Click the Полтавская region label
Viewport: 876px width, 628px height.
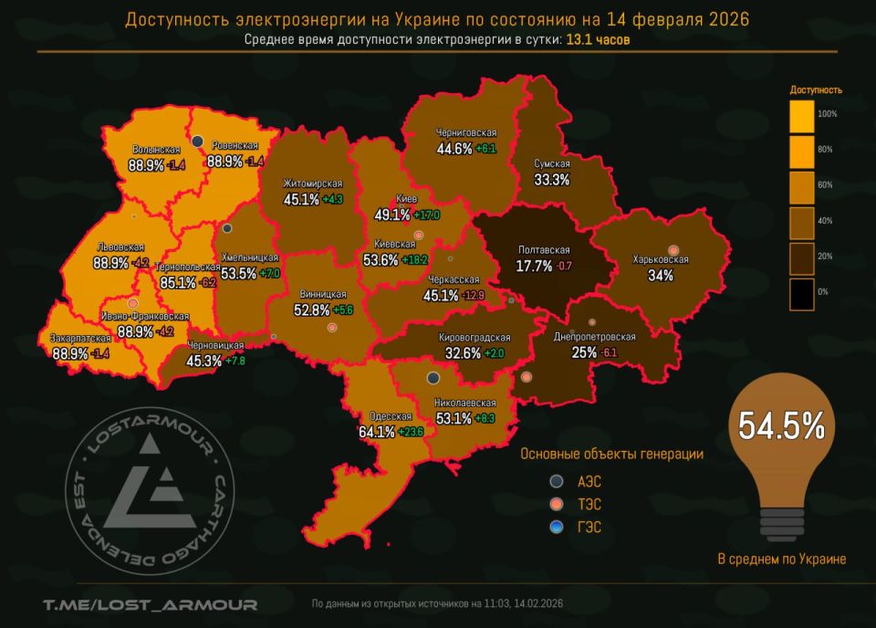(x=544, y=250)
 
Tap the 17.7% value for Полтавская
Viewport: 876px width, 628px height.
(x=534, y=267)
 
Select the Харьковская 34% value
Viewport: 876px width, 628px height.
(x=660, y=275)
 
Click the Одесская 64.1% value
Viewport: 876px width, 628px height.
(x=377, y=431)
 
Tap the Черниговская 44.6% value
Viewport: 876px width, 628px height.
(x=454, y=148)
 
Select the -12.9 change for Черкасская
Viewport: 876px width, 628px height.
(x=474, y=296)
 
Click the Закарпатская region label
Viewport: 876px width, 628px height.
(x=81, y=339)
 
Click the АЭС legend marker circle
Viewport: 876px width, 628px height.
(x=557, y=481)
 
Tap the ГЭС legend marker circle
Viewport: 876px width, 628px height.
(x=557, y=527)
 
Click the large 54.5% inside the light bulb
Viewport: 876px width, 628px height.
(x=781, y=425)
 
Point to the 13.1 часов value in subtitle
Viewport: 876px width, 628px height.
(x=598, y=40)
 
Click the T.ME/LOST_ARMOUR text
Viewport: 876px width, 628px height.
(x=150, y=603)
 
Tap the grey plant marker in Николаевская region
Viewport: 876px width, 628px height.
(x=433, y=378)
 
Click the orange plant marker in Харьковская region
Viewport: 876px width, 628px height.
(x=673, y=250)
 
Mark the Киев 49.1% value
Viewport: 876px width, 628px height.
(x=391, y=215)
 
